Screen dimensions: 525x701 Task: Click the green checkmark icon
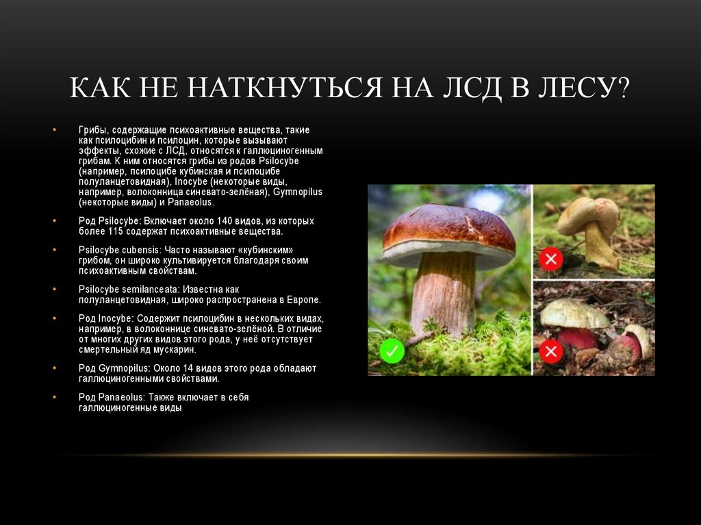tap(392, 353)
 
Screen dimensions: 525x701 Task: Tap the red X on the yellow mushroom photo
tap(550, 259)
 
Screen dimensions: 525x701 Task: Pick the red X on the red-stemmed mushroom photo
tap(550, 352)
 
